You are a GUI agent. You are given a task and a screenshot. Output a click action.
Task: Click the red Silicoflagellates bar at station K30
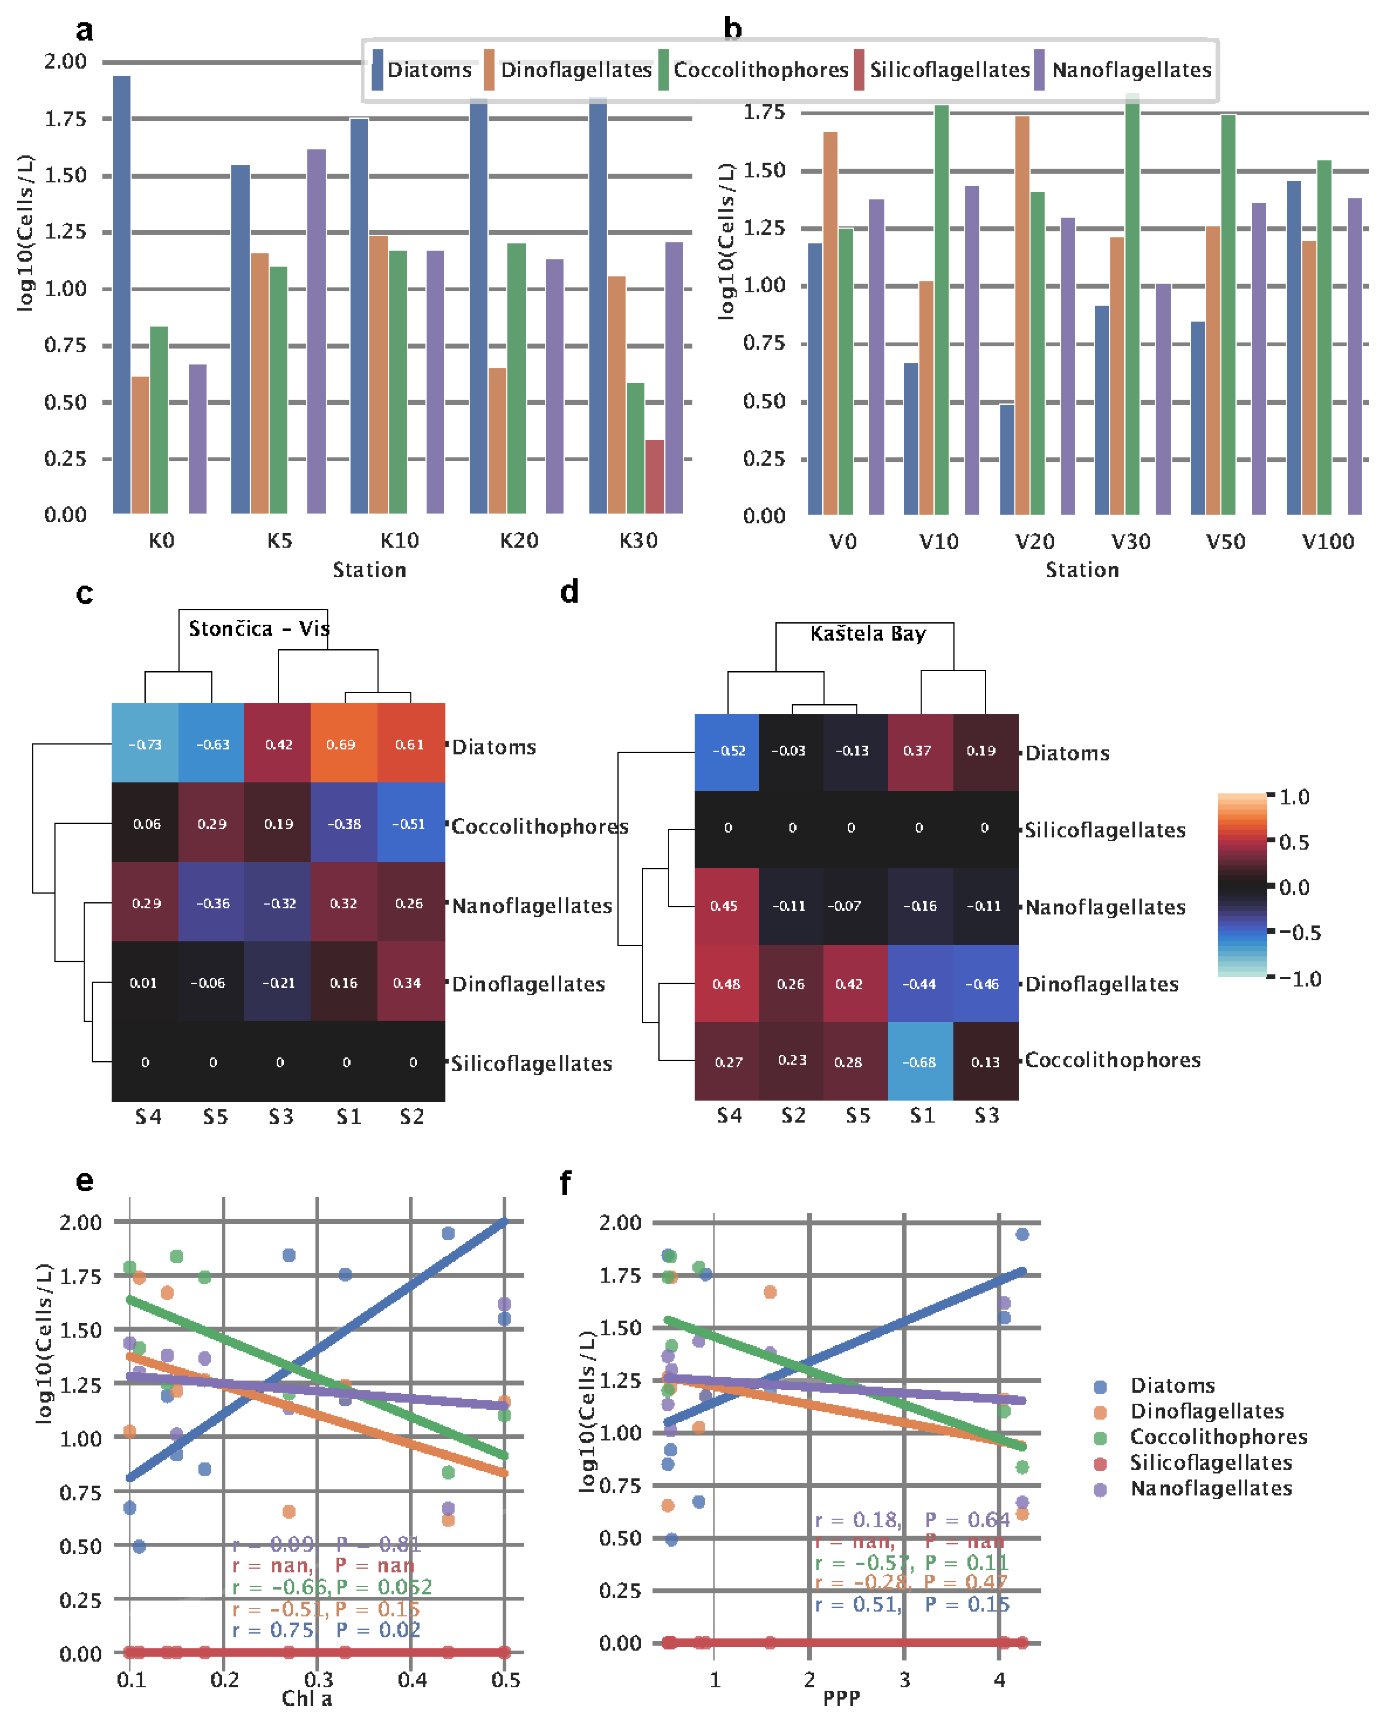click(x=654, y=476)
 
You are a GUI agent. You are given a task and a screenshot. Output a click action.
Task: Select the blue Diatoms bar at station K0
click(x=121, y=294)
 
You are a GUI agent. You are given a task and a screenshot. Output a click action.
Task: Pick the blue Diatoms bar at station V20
click(x=1007, y=458)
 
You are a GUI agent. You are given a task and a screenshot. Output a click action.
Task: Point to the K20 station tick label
click(x=518, y=540)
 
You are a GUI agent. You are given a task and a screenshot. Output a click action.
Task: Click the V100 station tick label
click(x=1327, y=541)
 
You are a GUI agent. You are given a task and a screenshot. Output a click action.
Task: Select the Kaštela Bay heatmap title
click(x=868, y=633)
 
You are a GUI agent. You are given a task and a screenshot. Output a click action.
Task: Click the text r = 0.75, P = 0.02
click(x=326, y=1629)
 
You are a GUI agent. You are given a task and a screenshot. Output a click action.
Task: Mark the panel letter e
click(x=84, y=1180)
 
